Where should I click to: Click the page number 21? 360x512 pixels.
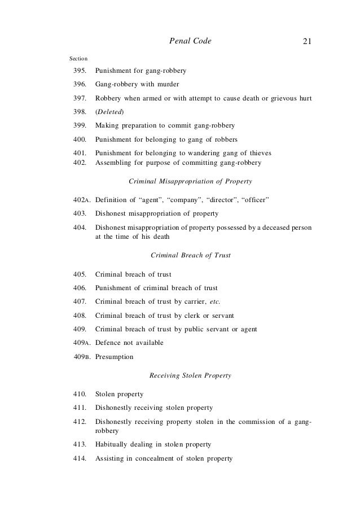coord(307,41)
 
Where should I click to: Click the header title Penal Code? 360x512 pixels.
coord(190,41)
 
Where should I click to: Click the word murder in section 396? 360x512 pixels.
coord(167,85)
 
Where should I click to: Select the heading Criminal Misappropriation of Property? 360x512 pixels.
coord(190,181)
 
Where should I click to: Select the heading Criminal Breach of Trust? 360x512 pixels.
coord(191,256)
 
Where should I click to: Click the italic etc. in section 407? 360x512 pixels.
coord(212,301)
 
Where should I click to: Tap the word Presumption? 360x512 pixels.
coord(115,357)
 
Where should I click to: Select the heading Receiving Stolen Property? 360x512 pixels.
coord(190,375)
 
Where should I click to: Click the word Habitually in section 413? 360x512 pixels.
coord(113,445)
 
